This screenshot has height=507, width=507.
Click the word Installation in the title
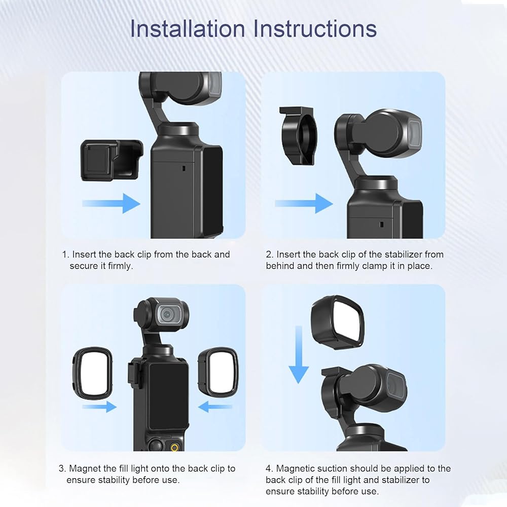click(x=187, y=28)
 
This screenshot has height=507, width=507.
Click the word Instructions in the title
click(x=315, y=28)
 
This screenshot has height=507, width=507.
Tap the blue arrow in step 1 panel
click(x=111, y=203)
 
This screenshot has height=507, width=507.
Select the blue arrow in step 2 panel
click(x=304, y=203)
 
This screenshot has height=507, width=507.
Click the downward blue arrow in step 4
click(x=299, y=354)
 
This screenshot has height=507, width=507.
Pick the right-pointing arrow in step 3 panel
click(x=99, y=407)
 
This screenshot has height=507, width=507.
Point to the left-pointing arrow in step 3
click(x=214, y=407)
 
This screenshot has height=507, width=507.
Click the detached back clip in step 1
click(x=112, y=160)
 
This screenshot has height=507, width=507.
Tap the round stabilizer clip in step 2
click(x=299, y=135)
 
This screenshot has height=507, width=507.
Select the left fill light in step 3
click(x=92, y=374)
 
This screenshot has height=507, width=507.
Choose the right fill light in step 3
click(x=218, y=374)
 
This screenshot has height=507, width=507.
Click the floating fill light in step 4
click(x=338, y=322)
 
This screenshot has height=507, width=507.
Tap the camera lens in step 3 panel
click(x=169, y=314)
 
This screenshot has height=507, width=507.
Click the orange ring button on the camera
click(x=174, y=448)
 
